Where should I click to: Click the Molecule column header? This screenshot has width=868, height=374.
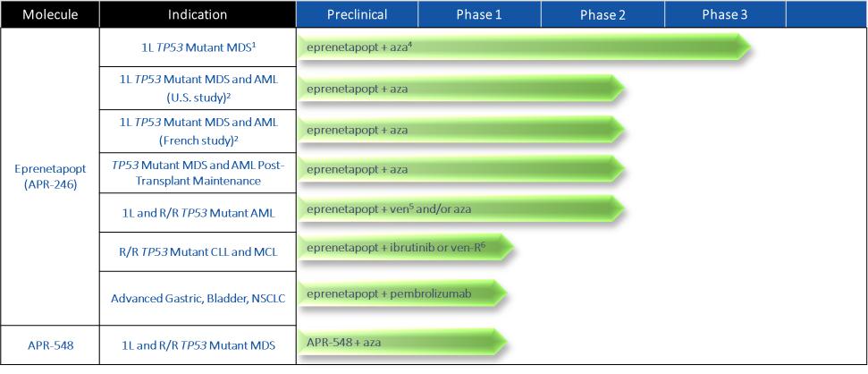pyautogui.click(x=50, y=14)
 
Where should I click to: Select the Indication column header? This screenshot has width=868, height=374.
pyautogui.click(x=198, y=14)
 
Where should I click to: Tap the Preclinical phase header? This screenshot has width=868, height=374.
pyautogui.click(x=357, y=14)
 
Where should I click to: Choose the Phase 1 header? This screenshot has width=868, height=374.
pyautogui.click(x=479, y=14)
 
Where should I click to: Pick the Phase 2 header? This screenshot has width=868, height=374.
pyautogui.click(x=603, y=14)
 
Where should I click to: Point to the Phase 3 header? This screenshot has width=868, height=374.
pyautogui.click(x=725, y=14)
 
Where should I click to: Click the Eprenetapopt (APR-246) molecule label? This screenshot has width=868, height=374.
pyautogui.click(x=50, y=177)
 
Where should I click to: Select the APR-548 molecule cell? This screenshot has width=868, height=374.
pyautogui.click(x=50, y=344)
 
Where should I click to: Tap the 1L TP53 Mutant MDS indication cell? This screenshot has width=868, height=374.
pyautogui.click(x=198, y=47)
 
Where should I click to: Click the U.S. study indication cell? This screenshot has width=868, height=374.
pyautogui.click(x=198, y=88)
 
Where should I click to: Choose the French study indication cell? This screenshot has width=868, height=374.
pyautogui.click(x=198, y=131)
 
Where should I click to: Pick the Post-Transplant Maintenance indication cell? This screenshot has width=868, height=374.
pyautogui.click(x=198, y=173)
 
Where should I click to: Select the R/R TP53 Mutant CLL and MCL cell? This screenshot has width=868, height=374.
pyautogui.click(x=198, y=252)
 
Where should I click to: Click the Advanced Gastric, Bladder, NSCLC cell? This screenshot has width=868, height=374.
pyautogui.click(x=198, y=298)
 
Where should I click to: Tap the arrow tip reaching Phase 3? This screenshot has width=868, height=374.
pyautogui.click(x=751, y=47)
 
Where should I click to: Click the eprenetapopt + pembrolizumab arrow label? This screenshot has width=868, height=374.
pyautogui.click(x=389, y=293)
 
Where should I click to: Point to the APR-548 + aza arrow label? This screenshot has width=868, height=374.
pyautogui.click(x=344, y=342)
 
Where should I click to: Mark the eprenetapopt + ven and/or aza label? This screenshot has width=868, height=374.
pyautogui.click(x=389, y=208)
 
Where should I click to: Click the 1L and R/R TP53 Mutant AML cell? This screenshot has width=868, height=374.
pyautogui.click(x=198, y=213)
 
